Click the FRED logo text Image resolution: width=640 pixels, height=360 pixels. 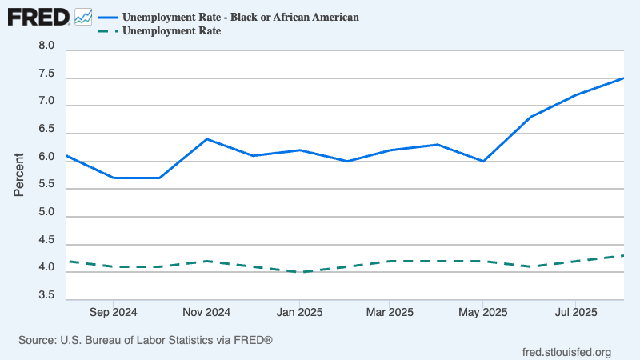[x=38, y=16]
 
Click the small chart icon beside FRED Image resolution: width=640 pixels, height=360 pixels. [x=82, y=16]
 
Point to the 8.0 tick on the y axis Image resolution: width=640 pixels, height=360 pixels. [x=46, y=46]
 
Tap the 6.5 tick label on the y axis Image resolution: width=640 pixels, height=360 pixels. [x=46, y=130]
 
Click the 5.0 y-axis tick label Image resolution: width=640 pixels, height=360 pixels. [x=46, y=213]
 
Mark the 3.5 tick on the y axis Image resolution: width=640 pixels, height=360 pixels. [x=46, y=296]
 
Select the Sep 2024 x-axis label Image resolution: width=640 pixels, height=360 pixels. [x=114, y=312]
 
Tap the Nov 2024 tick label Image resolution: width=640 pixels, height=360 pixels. [x=206, y=312]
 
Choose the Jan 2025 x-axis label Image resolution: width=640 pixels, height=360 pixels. [x=299, y=312]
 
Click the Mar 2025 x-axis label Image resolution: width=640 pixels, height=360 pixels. [x=389, y=312]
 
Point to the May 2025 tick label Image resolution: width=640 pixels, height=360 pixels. [x=482, y=312]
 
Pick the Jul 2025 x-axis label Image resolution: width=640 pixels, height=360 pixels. [x=574, y=312]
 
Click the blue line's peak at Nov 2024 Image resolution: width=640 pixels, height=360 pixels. [x=206, y=139]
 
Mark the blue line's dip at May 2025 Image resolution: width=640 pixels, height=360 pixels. [x=482, y=161]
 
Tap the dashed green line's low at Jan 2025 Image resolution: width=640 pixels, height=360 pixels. [x=299, y=272]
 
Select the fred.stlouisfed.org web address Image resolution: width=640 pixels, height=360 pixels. [x=566, y=352]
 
